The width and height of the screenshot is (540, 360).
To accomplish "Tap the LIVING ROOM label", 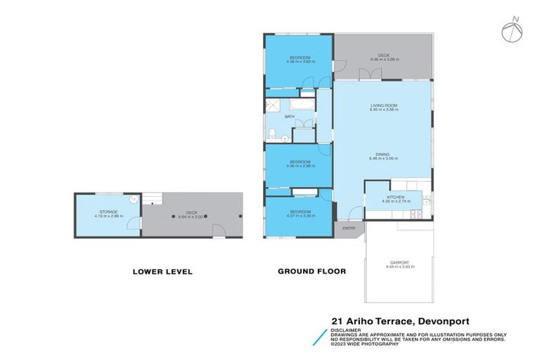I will (385, 105).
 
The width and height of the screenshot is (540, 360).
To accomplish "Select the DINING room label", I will (382, 154).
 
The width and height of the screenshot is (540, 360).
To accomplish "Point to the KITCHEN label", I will (394, 198).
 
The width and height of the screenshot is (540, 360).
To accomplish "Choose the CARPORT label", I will (400, 264).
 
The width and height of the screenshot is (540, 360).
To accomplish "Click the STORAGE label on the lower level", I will (108, 211).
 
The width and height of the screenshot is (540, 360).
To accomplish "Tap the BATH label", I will (289, 117).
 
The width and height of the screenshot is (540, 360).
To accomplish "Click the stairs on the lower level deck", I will (152, 200).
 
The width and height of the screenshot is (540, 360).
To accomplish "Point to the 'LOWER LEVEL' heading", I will (162, 271).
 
